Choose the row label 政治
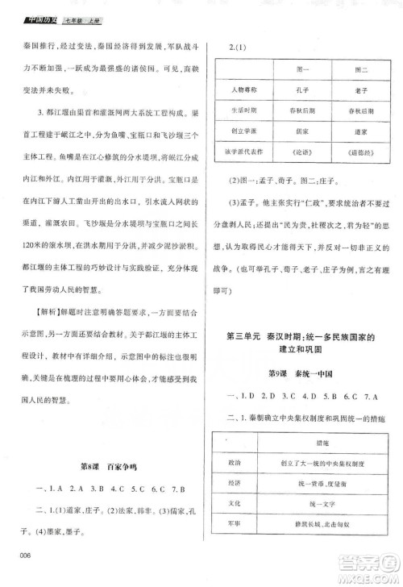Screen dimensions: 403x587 [233, 464]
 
